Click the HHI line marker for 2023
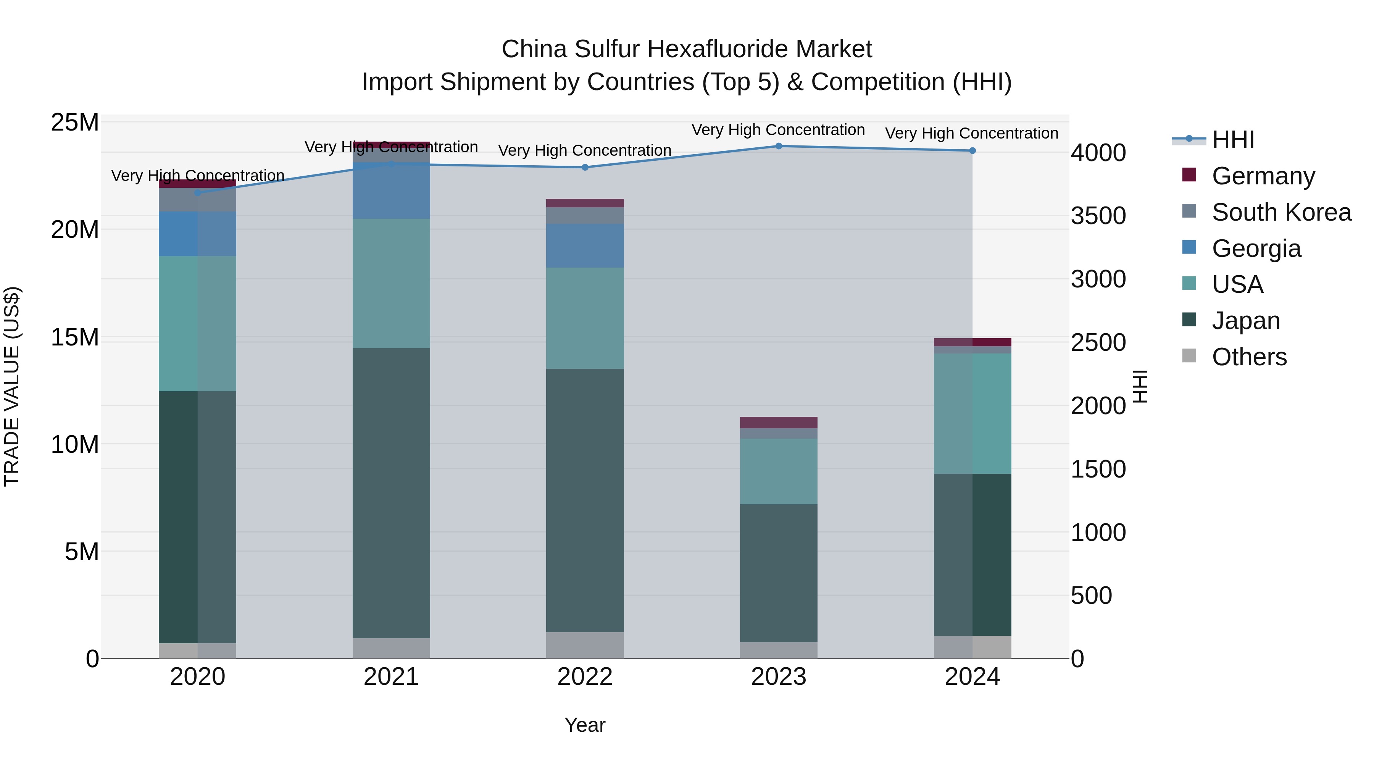coord(778,146)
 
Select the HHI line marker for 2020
coord(197,193)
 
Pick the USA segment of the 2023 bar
coord(778,471)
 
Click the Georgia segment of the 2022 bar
coord(585,245)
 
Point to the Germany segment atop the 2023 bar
coord(778,423)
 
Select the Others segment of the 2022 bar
coord(585,645)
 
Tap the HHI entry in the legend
coord(1233,140)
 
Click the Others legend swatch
coord(1189,356)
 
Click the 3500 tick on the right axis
coord(1098,216)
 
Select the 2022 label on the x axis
coord(585,677)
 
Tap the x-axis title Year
coord(585,725)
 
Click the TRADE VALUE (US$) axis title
coord(12,386)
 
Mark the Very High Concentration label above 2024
coord(971,133)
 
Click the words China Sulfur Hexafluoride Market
coord(687,49)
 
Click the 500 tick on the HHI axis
coord(1091,595)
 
